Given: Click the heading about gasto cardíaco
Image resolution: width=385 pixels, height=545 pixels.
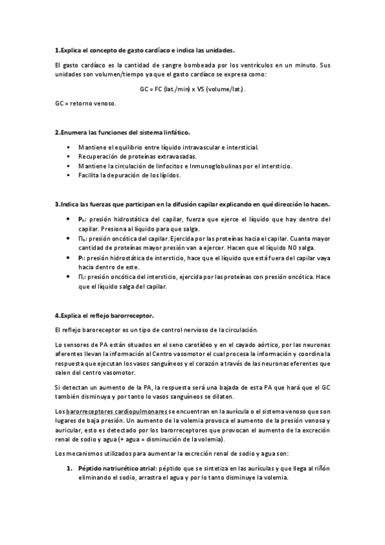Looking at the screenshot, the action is [145, 49].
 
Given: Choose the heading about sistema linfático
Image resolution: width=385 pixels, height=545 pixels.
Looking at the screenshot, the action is [121, 133].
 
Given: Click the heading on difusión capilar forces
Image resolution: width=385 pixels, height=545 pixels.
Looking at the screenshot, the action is [193, 204].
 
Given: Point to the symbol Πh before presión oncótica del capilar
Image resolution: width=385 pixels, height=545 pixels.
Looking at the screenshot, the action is [82, 238].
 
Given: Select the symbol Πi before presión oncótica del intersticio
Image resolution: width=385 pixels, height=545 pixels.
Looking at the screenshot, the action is [81, 277].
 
